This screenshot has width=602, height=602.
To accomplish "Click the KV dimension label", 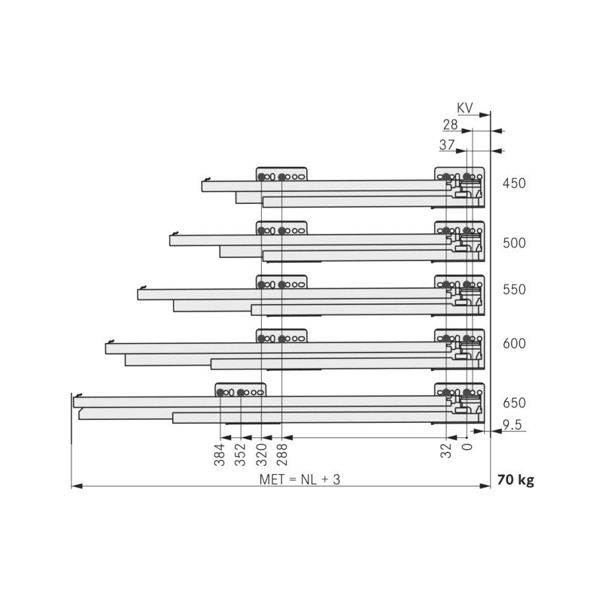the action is coord(465,108).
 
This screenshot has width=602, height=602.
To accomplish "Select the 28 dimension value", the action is coord(450,125).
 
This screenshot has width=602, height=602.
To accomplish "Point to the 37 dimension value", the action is coord(447,145).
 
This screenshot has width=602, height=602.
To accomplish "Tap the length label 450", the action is coord(514,183).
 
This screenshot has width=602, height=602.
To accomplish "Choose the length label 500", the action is coord(514,243).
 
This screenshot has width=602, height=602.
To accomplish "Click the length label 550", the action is coord(514,290).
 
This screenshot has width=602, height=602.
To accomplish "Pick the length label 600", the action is coord(514,344).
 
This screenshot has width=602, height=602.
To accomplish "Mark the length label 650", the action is coord(514,403).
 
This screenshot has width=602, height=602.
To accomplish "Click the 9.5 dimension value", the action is coord(512,424).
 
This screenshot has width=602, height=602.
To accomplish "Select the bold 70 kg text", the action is coord(515,480).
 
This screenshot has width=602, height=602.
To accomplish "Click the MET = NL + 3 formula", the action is coord(299,479).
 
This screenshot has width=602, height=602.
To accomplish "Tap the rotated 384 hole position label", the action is coord(219,455).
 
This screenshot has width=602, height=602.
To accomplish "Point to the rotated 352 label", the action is coord(240,455).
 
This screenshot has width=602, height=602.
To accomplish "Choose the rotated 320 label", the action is coord(261,455).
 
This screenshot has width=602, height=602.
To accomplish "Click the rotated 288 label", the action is coord(281,455).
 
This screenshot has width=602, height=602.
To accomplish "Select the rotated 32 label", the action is coord(445,451).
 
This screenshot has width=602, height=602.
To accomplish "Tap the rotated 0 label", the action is coord(467,447).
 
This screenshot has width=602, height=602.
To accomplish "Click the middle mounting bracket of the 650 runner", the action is coord(240,390).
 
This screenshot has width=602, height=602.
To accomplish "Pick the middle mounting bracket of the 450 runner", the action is coord(281,174).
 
